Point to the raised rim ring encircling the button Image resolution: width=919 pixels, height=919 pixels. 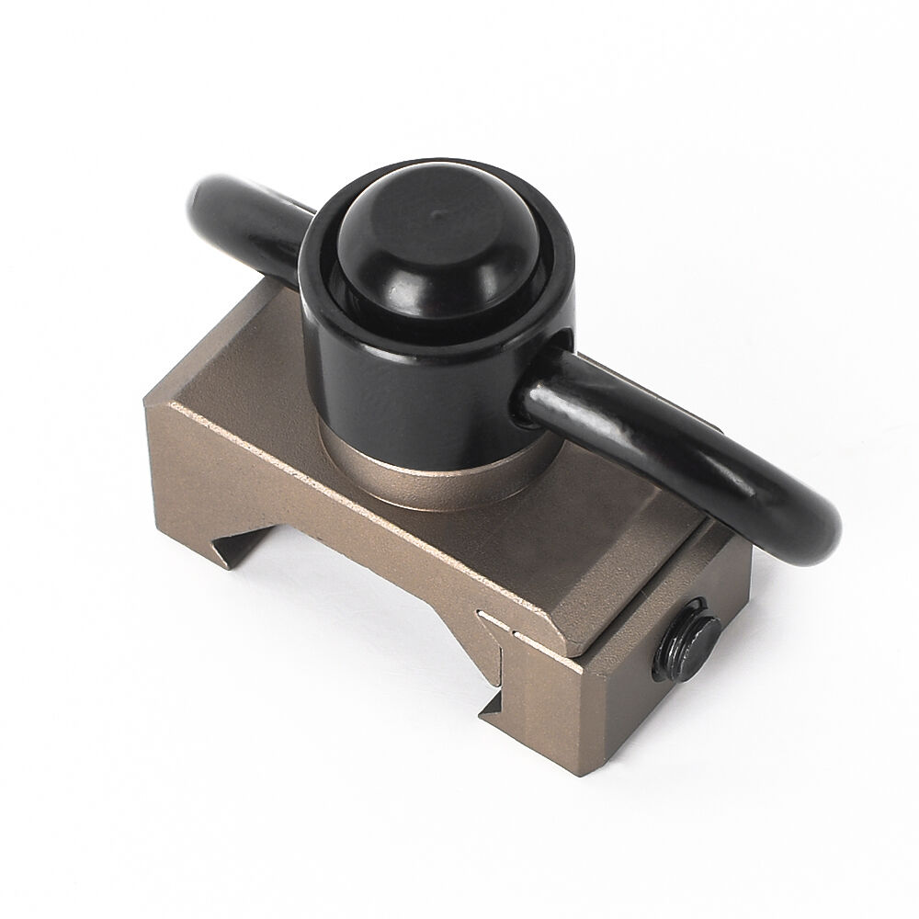[542, 303]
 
